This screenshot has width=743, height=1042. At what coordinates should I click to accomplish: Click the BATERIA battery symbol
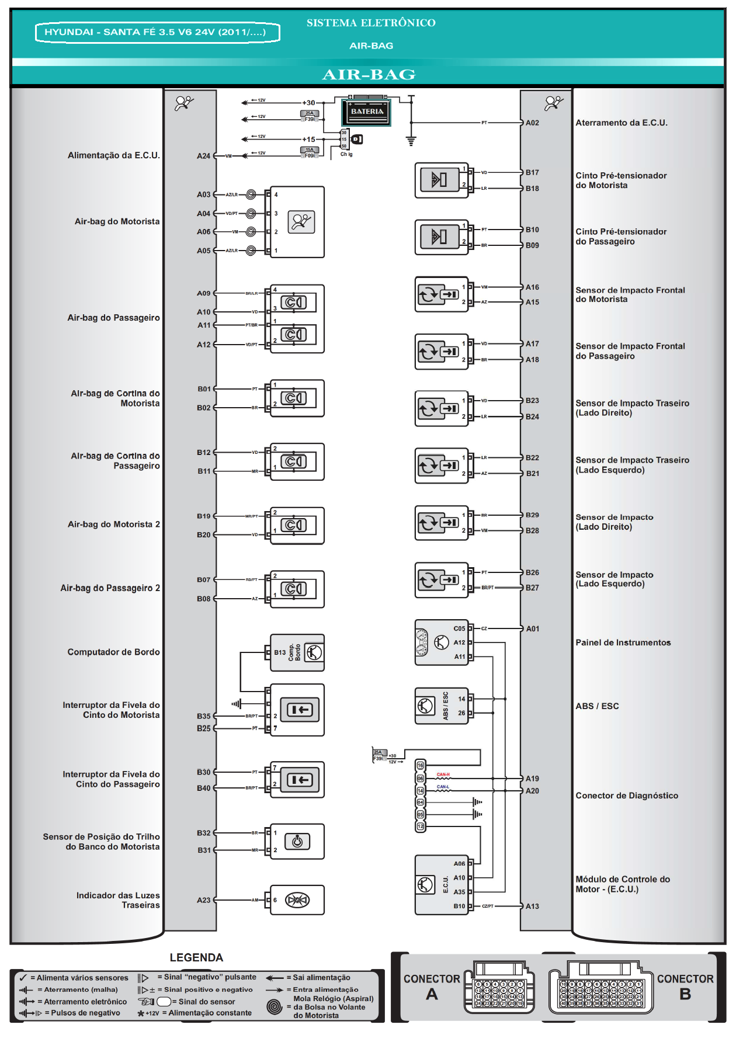[366, 112]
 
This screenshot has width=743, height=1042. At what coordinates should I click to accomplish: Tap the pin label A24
[203, 156]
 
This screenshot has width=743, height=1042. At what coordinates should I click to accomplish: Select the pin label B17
[532, 172]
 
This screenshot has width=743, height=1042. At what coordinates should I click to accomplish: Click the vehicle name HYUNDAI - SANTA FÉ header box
[157, 32]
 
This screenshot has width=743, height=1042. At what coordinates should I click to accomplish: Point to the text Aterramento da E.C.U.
[621, 123]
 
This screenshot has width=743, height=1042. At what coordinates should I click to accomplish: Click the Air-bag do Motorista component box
[297, 222]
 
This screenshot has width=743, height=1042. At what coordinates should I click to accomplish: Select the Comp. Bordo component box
[297, 652]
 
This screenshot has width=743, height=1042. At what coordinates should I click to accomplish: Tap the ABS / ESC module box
[442, 706]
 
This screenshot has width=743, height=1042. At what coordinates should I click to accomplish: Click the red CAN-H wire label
[443, 774]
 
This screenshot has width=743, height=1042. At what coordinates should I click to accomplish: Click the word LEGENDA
[196, 957]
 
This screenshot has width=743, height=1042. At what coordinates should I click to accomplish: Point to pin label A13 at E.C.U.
[532, 906]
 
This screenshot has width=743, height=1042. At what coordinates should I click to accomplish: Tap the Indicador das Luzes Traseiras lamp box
[297, 900]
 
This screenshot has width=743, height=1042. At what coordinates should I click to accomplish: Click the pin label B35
[203, 715]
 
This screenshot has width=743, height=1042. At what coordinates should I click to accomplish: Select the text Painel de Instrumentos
[623, 642]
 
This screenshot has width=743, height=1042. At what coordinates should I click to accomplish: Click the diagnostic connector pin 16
[420, 765]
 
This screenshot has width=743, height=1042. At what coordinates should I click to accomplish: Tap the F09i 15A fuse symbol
[310, 152]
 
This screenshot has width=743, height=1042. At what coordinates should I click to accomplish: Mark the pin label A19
[532, 779]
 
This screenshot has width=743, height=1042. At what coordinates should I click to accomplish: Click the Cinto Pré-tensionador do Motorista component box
[441, 180]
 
